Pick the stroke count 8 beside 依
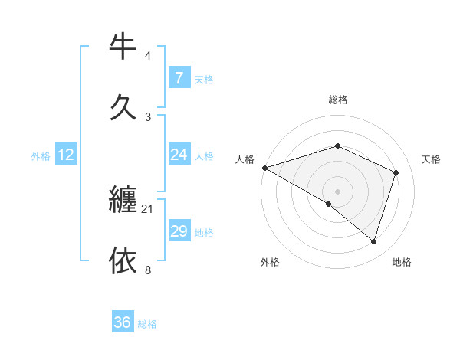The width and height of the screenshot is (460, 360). (x=148, y=270)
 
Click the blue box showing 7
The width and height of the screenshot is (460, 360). (x=179, y=77)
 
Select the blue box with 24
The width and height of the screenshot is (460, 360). (x=179, y=155)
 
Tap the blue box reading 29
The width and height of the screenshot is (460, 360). (x=179, y=231)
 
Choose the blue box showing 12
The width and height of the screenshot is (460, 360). (x=66, y=155)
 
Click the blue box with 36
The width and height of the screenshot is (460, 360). (x=123, y=322)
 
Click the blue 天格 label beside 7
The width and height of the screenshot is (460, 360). (x=204, y=79)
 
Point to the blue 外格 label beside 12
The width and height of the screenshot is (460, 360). (x=41, y=156)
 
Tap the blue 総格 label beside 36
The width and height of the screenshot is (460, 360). (x=147, y=324)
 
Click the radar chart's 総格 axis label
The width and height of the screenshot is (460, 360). (x=337, y=100)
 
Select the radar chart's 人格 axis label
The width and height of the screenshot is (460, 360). (x=245, y=159)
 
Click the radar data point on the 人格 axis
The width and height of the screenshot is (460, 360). (x=264, y=168)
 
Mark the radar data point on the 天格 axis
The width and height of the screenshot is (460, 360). (x=396, y=172)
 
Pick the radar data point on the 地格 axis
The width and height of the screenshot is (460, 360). (x=374, y=241)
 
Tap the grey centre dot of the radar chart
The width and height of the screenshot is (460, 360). (x=337, y=191)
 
